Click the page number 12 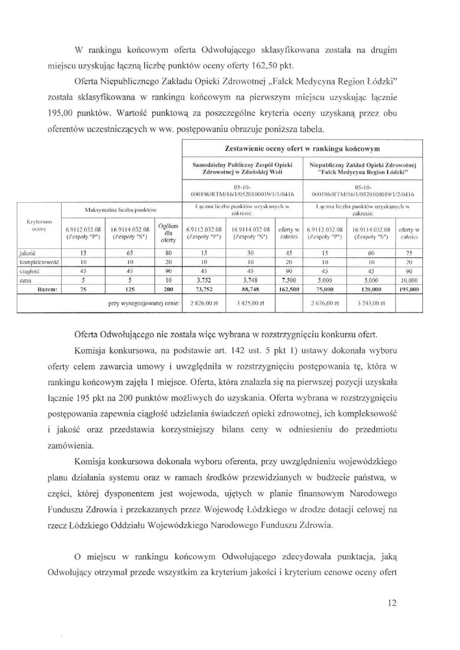pos(391,603)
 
